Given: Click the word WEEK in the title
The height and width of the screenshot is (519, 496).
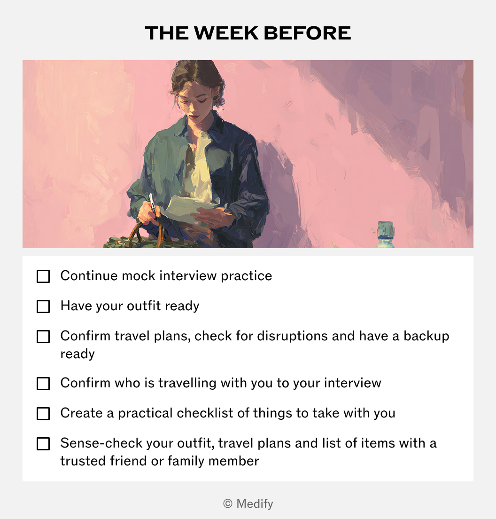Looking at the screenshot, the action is click(226, 33).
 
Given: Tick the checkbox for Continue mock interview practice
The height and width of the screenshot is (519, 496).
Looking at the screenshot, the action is click(43, 276).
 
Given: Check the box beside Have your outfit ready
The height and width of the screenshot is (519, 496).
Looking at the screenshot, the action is click(43, 307).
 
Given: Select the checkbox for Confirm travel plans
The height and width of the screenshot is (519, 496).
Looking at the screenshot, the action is click(43, 337).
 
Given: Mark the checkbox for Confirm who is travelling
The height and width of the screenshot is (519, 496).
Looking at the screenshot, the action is click(43, 384).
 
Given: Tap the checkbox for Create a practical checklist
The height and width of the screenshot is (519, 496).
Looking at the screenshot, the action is click(43, 414).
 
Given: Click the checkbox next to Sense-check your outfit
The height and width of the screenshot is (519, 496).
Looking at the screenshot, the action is click(43, 444).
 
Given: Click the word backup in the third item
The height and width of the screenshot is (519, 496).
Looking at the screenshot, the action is click(426, 336).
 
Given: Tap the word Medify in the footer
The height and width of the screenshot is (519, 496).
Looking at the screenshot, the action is click(255, 504).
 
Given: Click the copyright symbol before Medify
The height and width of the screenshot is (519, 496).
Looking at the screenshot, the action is click(228, 504).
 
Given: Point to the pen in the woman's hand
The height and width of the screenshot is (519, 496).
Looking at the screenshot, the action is click(152, 203).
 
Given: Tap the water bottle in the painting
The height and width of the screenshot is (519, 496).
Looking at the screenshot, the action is click(386, 234).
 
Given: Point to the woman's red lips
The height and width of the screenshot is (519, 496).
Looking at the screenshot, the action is click(194, 117).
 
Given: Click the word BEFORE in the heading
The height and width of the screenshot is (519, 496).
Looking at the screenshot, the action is click(307, 33).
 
